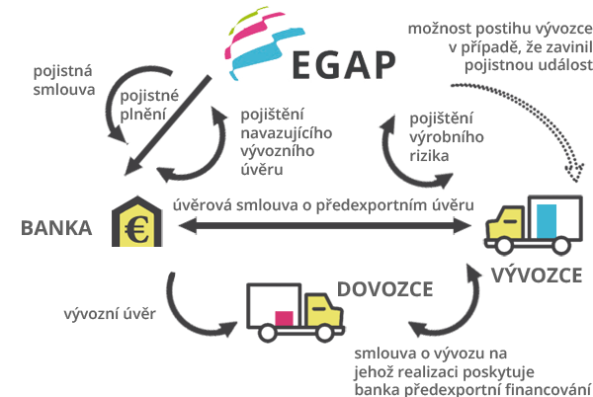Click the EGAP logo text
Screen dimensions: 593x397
click(x=344, y=65)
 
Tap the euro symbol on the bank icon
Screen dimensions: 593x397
click(x=137, y=229)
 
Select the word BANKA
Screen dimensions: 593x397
click(x=56, y=228)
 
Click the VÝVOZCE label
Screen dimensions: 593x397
click(x=537, y=275)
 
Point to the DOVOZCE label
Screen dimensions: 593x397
click(x=385, y=289)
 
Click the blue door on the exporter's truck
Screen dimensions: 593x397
click(x=547, y=221)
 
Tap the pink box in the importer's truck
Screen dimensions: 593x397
click(x=284, y=318)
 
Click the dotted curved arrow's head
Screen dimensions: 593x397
click(x=574, y=172)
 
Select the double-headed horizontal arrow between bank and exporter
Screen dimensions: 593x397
click(x=325, y=226)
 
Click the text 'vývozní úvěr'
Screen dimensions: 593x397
click(x=110, y=314)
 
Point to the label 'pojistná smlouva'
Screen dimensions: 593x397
click(x=63, y=80)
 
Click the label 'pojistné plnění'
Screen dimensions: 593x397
click(x=149, y=105)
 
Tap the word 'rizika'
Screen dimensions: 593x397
click(x=429, y=156)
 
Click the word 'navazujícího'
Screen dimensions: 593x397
click(x=287, y=133)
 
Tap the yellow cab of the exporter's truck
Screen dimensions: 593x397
click(x=506, y=223)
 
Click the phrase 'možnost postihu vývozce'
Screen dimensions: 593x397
click(x=500, y=29)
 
